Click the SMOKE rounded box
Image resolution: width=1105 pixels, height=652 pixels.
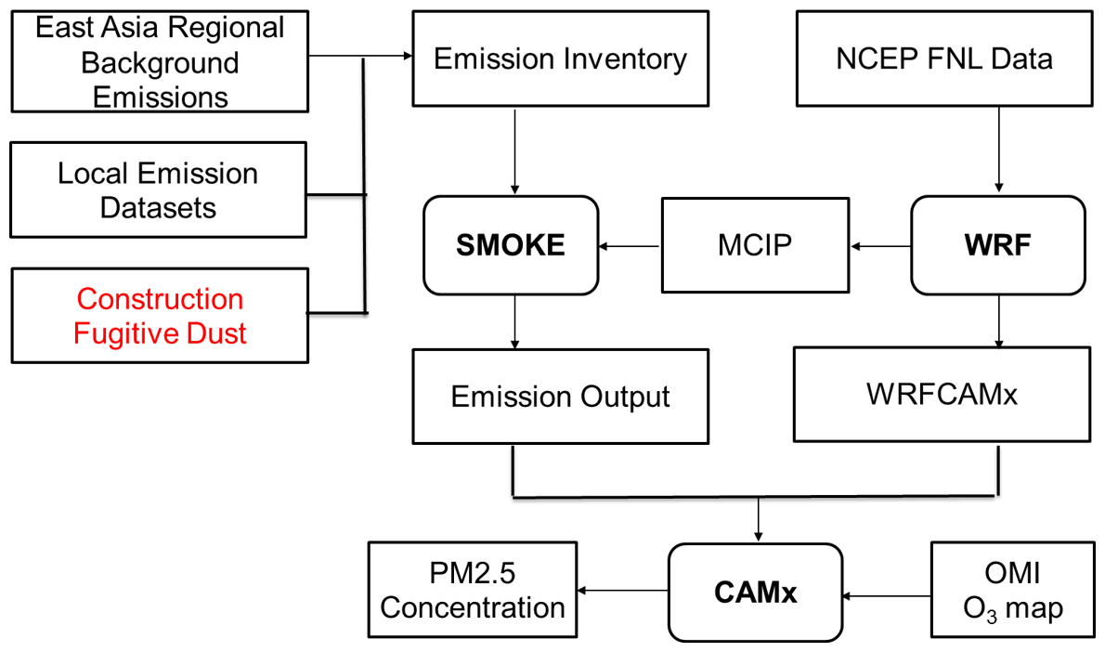click(512, 245)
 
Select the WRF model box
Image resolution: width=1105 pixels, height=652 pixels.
click(999, 245)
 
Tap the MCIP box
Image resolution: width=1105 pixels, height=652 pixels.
click(757, 245)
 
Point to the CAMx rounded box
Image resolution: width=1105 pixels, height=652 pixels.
click(757, 592)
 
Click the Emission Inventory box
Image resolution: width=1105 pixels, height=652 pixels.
click(560, 60)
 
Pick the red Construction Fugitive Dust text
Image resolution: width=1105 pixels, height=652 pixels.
click(160, 316)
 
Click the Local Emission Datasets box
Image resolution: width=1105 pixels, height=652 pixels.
click(158, 190)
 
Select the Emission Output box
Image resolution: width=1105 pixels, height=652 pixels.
click(560, 397)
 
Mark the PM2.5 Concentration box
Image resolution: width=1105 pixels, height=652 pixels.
click(473, 592)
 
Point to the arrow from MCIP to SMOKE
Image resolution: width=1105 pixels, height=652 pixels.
click(631, 246)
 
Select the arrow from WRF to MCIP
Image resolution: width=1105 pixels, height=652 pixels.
click(881, 246)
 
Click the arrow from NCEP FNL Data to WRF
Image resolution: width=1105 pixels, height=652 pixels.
click(998, 149)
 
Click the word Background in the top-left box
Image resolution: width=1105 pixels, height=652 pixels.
click(160, 62)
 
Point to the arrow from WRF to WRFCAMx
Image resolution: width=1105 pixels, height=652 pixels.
click(998, 320)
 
